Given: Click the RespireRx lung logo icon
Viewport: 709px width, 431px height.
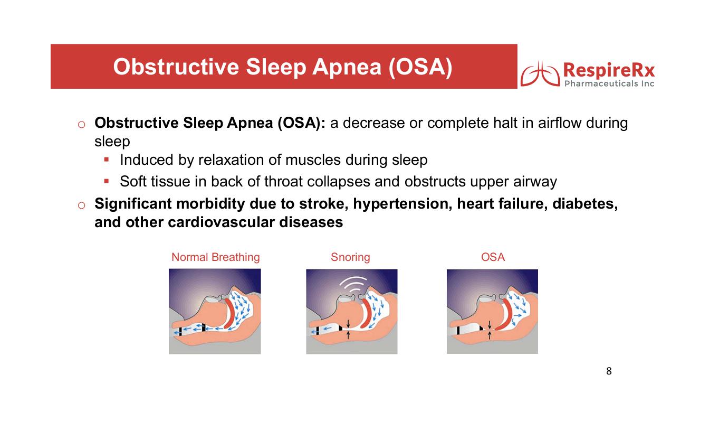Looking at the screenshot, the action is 540,73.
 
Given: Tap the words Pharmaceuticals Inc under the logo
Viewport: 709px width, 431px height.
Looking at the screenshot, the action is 609,83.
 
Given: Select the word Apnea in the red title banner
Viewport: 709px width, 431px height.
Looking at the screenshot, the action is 347,68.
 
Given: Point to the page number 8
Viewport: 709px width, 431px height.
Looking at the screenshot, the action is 609,371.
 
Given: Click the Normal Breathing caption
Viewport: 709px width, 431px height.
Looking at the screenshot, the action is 216,257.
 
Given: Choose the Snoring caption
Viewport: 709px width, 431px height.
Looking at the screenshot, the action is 350,257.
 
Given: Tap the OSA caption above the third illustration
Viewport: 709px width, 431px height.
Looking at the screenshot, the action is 493,257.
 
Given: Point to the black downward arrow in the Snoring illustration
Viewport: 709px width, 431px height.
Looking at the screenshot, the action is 348,324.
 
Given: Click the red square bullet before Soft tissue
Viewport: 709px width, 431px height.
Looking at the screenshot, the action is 107,181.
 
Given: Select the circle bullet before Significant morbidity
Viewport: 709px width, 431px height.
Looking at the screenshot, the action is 81,205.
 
